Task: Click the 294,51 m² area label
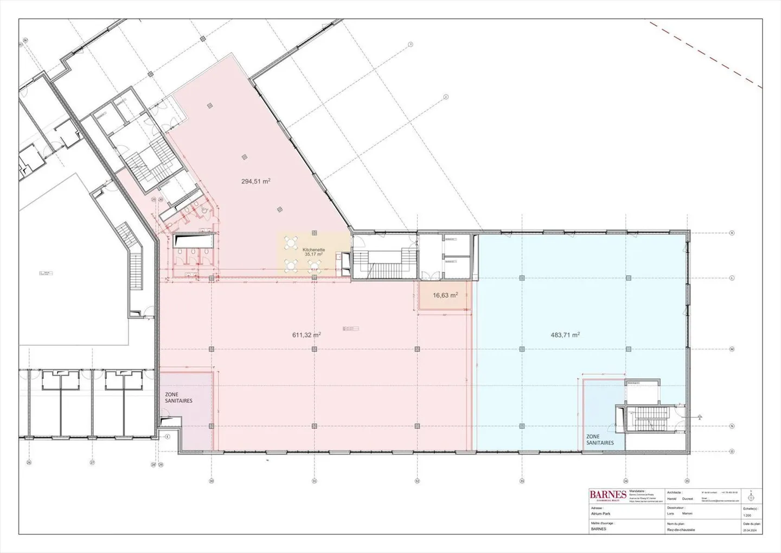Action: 256,182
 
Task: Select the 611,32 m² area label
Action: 306,335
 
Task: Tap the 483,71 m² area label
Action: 565,335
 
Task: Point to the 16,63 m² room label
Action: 445,295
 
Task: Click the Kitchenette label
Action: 313,250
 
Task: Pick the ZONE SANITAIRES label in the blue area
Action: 600,440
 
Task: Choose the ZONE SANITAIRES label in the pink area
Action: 179,398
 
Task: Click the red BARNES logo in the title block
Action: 608,494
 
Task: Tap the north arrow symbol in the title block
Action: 751,496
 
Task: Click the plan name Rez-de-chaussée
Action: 681,530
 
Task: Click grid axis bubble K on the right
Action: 732,233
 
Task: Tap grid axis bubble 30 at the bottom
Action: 212,481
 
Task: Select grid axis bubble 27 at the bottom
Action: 92,463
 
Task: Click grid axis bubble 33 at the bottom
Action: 522,481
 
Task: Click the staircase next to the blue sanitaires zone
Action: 649,418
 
